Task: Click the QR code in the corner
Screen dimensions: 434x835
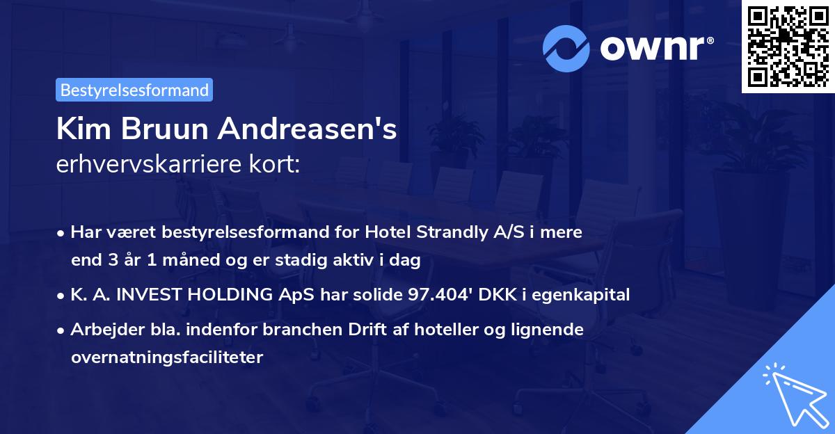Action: tap(788, 46)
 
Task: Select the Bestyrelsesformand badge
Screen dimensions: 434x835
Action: tap(134, 90)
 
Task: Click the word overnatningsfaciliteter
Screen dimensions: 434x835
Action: tap(167, 357)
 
